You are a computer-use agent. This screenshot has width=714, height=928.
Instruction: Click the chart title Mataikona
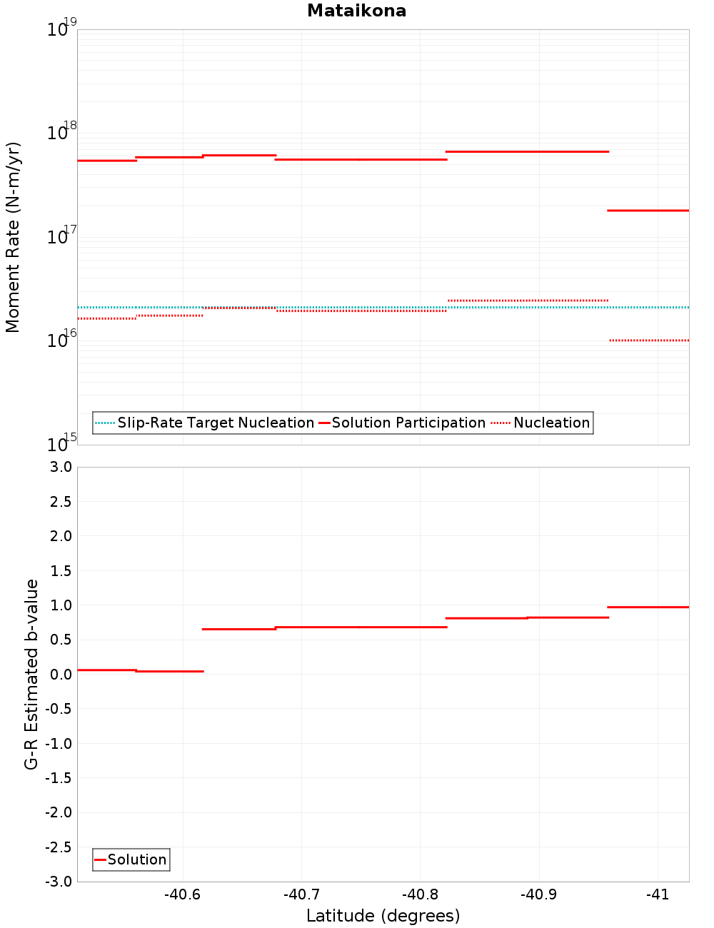pyautogui.click(x=356, y=11)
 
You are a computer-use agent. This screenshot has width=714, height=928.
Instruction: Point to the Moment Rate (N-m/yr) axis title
pyautogui.click(x=13, y=237)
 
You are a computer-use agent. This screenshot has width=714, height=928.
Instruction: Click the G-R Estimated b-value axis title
pyautogui.click(x=31, y=674)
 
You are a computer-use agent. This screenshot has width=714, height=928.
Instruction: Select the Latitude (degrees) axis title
pyautogui.click(x=383, y=916)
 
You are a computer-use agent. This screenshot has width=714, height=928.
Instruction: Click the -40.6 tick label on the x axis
pyautogui.click(x=183, y=894)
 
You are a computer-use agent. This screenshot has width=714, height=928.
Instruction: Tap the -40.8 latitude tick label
pyautogui.click(x=420, y=894)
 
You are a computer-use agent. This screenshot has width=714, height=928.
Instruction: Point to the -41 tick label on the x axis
pyautogui.click(x=658, y=894)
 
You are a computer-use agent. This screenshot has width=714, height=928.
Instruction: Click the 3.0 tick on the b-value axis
pyautogui.click(x=59, y=467)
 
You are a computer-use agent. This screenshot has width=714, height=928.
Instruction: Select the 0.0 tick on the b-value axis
pyautogui.click(x=59, y=674)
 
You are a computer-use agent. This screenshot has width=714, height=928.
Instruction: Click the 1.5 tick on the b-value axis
pyautogui.click(x=59, y=570)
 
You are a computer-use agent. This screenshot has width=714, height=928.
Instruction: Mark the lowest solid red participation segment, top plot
pyautogui.click(x=648, y=211)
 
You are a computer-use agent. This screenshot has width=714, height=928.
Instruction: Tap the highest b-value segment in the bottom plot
pyautogui.click(x=648, y=607)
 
